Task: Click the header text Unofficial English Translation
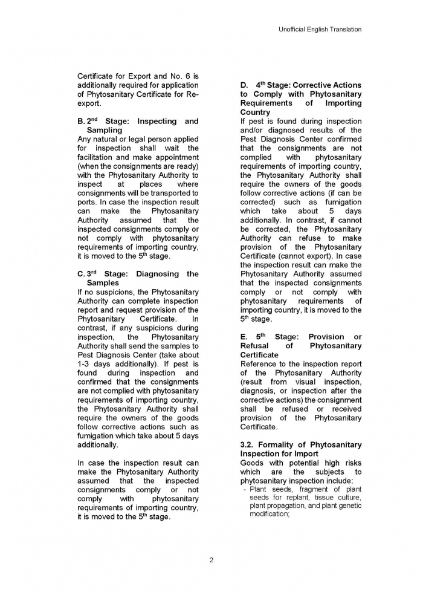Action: pos(320,29)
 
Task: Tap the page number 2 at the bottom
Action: pos(211,560)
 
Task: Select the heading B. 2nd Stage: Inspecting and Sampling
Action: pos(138,126)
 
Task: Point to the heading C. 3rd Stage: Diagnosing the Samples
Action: pos(138,278)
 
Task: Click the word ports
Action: pos(87,202)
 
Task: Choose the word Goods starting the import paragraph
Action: pos(253,463)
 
